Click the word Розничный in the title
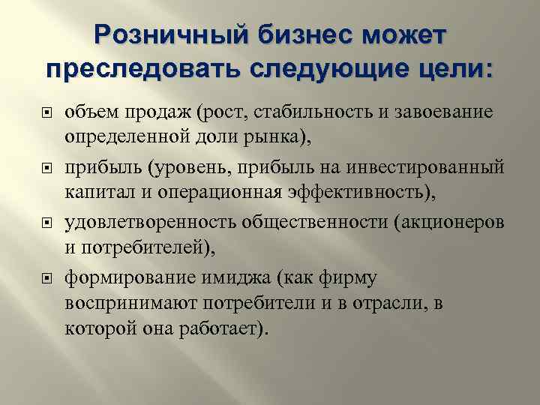click(172, 35)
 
